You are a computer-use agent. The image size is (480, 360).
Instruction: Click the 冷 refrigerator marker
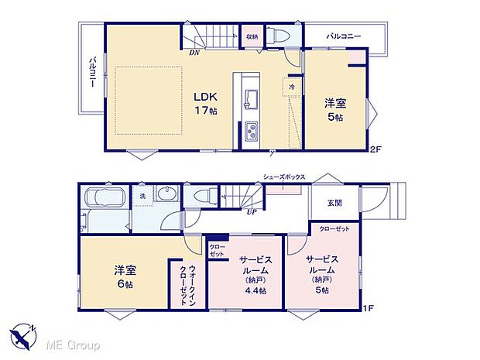(x=292, y=88)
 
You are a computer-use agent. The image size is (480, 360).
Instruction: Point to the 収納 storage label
(x=252, y=36)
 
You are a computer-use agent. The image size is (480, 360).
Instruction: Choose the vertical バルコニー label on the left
(x=91, y=70)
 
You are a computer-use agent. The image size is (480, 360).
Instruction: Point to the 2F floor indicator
(x=377, y=148)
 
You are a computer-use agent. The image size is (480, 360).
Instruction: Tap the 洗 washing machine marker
(x=142, y=196)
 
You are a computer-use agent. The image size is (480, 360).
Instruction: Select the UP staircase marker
(x=252, y=212)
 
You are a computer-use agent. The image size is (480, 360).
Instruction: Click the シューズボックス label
(x=284, y=177)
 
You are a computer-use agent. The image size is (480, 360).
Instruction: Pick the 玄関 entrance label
(x=333, y=202)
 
